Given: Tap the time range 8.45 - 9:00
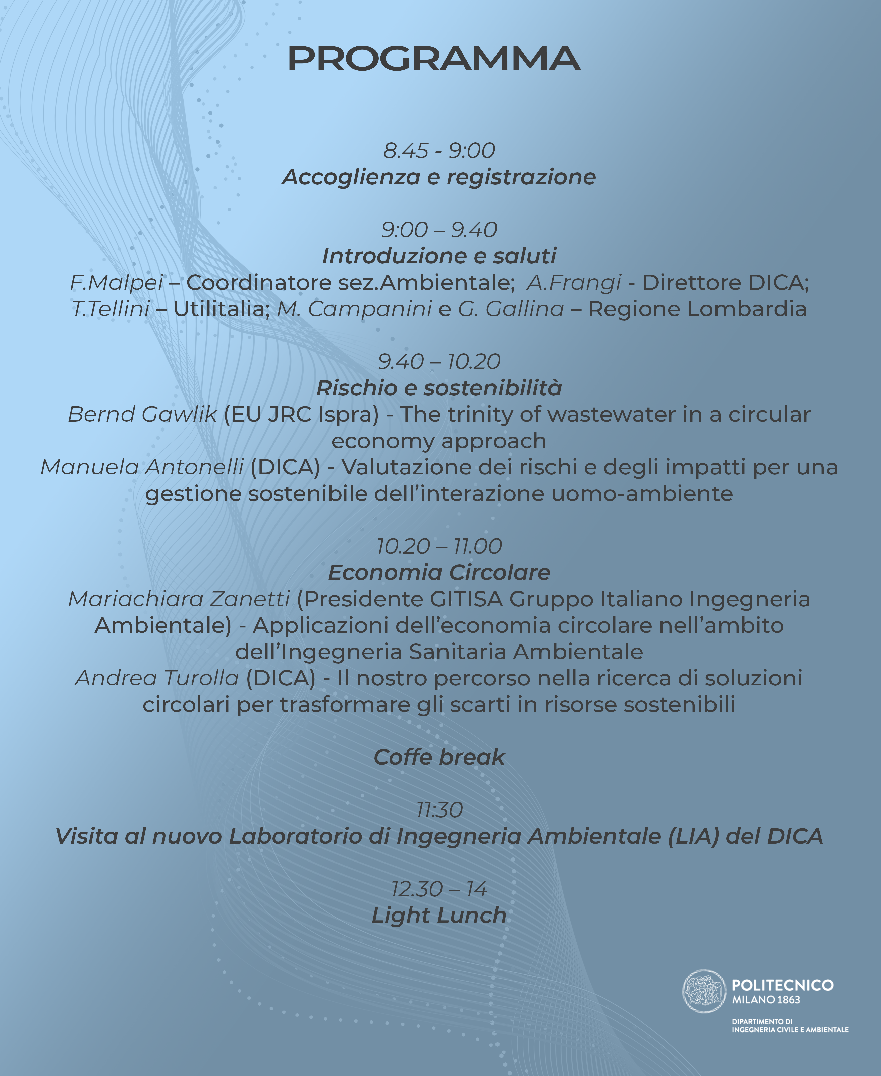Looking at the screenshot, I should [439, 151].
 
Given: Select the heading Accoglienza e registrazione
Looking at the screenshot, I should [439, 177].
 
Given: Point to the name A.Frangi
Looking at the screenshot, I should [574, 283].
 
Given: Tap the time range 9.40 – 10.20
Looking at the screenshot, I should [439, 362].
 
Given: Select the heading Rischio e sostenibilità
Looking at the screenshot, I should [439, 388].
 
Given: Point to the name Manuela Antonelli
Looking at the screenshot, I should [142, 467].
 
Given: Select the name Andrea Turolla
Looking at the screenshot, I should [157, 679].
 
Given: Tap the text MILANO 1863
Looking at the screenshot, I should [766, 1000].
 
